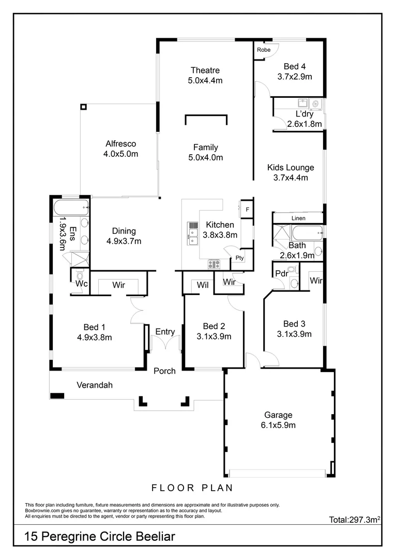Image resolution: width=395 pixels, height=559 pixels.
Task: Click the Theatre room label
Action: (x=205, y=70)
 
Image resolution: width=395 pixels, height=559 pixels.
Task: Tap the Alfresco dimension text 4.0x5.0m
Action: (x=121, y=154)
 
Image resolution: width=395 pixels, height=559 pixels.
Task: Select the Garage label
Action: (x=278, y=415)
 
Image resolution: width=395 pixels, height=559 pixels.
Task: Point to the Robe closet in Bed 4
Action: (x=264, y=50)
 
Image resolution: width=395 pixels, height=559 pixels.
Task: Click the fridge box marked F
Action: (x=247, y=210)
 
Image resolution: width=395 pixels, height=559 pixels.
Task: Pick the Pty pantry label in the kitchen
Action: (x=239, y=257)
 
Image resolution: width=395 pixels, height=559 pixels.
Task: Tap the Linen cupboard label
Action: (x=298, y=218)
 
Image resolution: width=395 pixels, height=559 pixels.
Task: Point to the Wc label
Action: (x=81, y=284)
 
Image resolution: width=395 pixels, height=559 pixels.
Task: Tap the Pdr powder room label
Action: (x=281, y=273)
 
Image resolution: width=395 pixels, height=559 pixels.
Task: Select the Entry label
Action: (x=165, y=332)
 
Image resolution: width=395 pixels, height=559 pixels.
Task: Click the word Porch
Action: (x=165, y=371)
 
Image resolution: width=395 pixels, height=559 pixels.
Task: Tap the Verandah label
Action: (x=95, y=385)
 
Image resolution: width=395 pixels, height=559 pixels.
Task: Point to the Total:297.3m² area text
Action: (x=355, y=519)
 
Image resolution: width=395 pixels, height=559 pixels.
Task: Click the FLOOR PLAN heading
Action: (x=192, y=488)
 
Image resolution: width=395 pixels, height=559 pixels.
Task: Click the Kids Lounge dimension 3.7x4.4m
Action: (x=290, y=178)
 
